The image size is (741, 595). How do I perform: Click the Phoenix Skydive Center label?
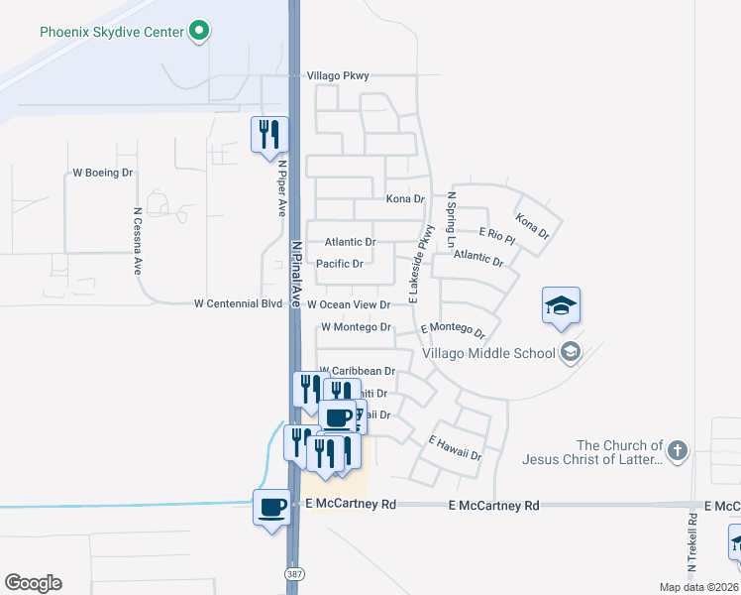tap(112, 32)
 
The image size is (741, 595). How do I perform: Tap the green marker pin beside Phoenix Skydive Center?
tap(199, 31)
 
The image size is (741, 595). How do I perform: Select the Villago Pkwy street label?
tap(337, 75)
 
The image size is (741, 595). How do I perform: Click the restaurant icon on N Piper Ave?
tap(268, 133)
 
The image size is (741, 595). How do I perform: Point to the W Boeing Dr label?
tap(103, 173)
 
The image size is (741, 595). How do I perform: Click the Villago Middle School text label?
tap(488, 353)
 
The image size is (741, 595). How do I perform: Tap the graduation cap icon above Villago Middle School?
tap(561, 304)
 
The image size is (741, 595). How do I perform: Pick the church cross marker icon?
tap(677, 452)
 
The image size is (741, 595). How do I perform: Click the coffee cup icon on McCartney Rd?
tap(271, 507)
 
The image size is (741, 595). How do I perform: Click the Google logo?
tap(33, 583)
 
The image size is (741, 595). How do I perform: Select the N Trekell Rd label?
tap(692, 545)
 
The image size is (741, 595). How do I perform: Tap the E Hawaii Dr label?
tap(454, 448)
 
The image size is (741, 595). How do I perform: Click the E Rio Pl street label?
tap(496, 235)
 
